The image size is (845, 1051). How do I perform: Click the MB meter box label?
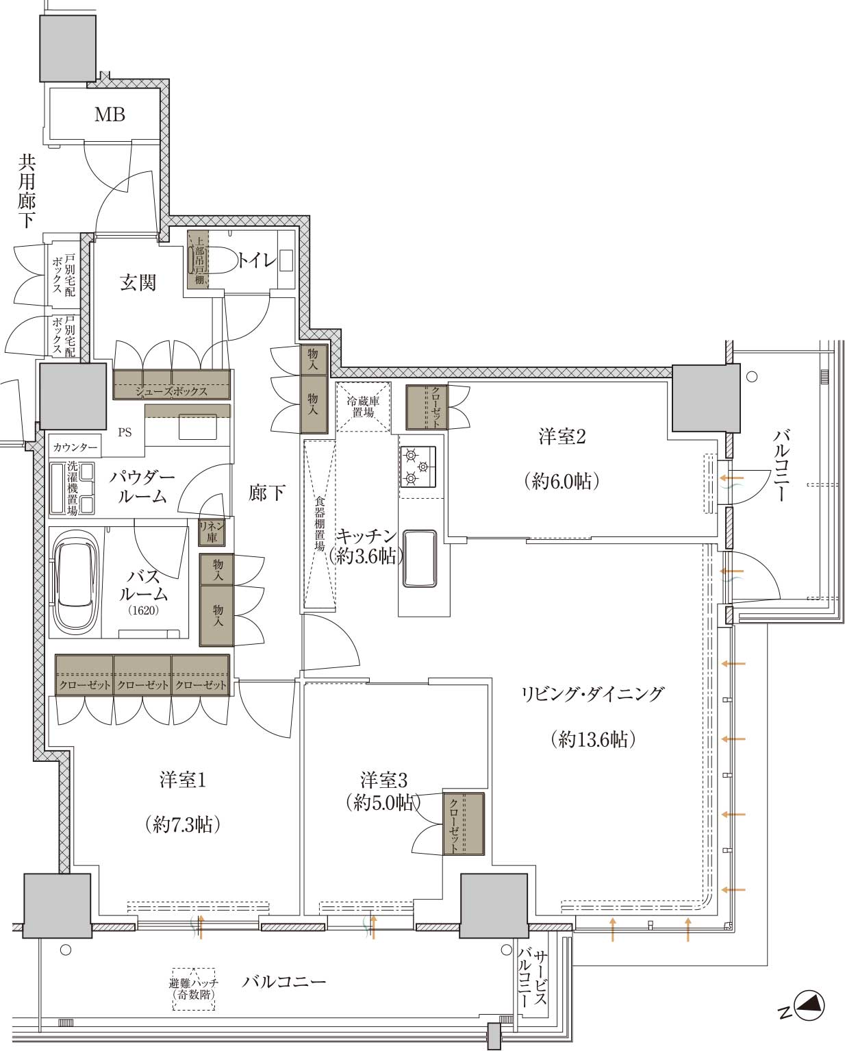(x=110, y=115)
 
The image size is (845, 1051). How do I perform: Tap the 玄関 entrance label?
(x=138, y=282)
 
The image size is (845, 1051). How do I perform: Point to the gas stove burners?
(x=418, y=467)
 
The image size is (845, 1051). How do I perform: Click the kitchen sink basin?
(x=419, y=558)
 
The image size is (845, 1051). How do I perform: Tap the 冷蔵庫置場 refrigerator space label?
(x=363, y=406)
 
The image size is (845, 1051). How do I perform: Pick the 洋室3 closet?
(x=464, y=824)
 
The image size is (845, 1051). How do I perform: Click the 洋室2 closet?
(x=427, y=408)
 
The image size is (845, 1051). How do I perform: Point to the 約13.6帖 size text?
(x=593, y=739)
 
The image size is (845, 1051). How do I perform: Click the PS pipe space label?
(x=125, y=432)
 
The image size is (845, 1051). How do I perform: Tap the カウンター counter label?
(x=75, y=447)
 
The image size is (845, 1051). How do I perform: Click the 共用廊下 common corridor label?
(x=27, y=191)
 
